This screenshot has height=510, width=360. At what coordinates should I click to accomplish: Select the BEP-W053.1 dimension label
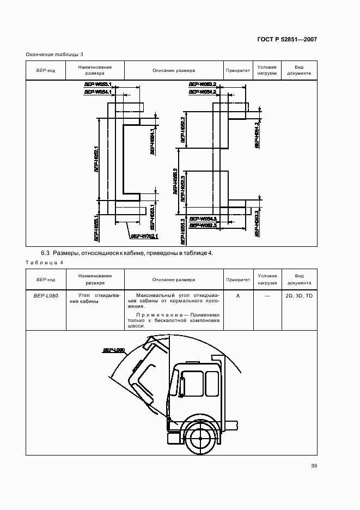(x=98, y=84)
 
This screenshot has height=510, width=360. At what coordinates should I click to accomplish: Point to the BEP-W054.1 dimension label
(x=98, y=92)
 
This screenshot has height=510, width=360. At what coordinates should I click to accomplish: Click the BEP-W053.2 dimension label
(x=203, y=84)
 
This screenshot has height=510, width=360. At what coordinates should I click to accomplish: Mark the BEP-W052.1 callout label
(x=144, y=236)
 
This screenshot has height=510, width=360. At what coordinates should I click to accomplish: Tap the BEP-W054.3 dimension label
(x=203, y=218)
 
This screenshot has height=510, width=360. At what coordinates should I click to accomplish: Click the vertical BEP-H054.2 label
(x=256, y=134)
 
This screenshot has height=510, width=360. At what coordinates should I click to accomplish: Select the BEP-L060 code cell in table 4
(x=46, y=295)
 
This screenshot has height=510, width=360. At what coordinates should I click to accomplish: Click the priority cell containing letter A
(x=238, y=295)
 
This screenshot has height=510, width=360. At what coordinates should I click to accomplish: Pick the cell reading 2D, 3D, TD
(x=299, y=295)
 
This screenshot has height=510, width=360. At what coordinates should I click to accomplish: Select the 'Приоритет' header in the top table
(x=238, y=70)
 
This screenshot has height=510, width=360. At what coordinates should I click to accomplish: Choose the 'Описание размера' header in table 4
(x=174, y=280)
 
